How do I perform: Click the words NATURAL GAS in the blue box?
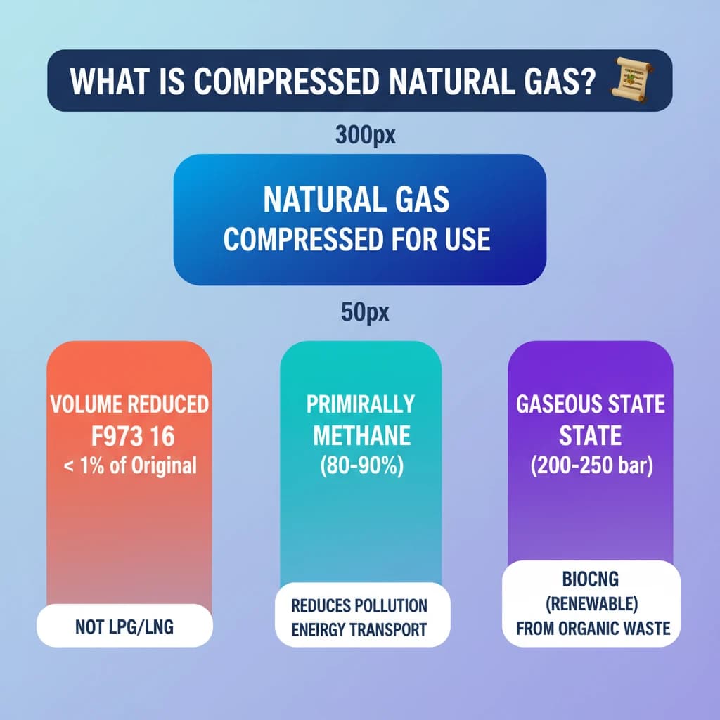[x=356, y=201]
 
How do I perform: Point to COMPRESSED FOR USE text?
[x=356, y=239]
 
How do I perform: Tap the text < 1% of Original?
[x=129, y=465]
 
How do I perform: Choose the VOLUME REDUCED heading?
[x=129, y=405]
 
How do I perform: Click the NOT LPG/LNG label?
[x=124, y=626]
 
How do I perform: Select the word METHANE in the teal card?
[x=361, y=436]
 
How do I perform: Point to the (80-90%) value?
[x=361, y=467]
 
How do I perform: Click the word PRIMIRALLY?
[x=361, y=404]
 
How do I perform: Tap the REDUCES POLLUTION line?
[x=360, y=605]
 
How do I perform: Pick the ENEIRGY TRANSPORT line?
[x=360, y=629]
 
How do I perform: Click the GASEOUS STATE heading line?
[x=590, y=405]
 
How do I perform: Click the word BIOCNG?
[x=591, y=581]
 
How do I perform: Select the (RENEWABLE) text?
[x=591, y=604]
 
